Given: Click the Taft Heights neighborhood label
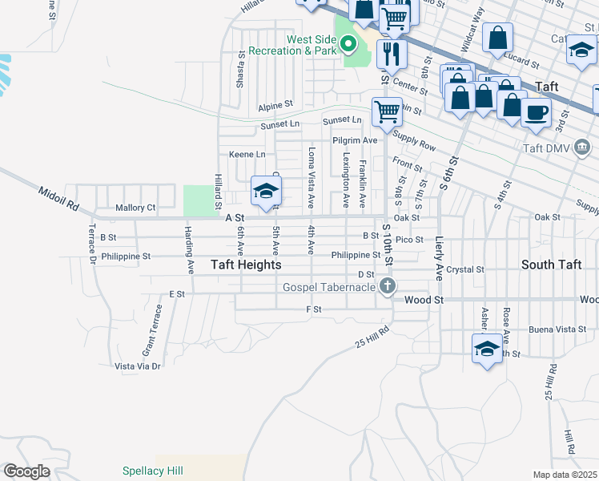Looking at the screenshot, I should coord(246,265).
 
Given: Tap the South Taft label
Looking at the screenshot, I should coord(551,265).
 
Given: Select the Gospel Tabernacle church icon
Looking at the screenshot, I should coord(388,286).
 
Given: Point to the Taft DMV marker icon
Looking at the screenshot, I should coord(582,148).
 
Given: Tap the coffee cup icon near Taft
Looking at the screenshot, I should coord(536,111).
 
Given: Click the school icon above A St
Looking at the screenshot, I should coord(266,190).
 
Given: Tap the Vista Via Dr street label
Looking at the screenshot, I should coord(138,366).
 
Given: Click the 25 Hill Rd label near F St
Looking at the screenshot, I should coord(372,338).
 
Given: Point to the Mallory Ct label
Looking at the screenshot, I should coord(135,207).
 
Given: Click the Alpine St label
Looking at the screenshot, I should coord(275,105).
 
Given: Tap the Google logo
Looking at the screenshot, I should coord(26,471).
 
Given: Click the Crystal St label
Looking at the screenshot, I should coord(466,270).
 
